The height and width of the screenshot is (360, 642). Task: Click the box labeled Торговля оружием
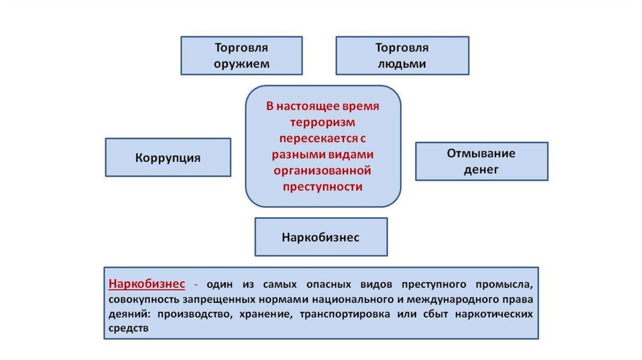click(x=241, y=55)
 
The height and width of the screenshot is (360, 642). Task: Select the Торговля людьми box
click(x=402, y=55)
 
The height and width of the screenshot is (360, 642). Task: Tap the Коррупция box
click(x=168, y=157)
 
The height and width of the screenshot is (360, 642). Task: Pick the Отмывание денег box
click(x=481, y=161)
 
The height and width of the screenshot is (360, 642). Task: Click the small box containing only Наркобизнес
click(x=320, y=237)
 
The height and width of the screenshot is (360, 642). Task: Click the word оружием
click(x=241, y=63)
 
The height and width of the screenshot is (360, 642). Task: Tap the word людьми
click(x=402, y=63)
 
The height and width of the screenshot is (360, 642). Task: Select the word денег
click(x=481, y=169)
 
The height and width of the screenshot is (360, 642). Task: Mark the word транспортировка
click(x=347, y=314)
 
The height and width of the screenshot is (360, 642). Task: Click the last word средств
click(x=129, y=328)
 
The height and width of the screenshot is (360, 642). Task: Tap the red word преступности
click(x=322, y=186)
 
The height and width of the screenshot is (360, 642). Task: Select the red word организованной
click(x=322, y=171)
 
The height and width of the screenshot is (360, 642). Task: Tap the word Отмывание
click(x=481, y=154)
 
